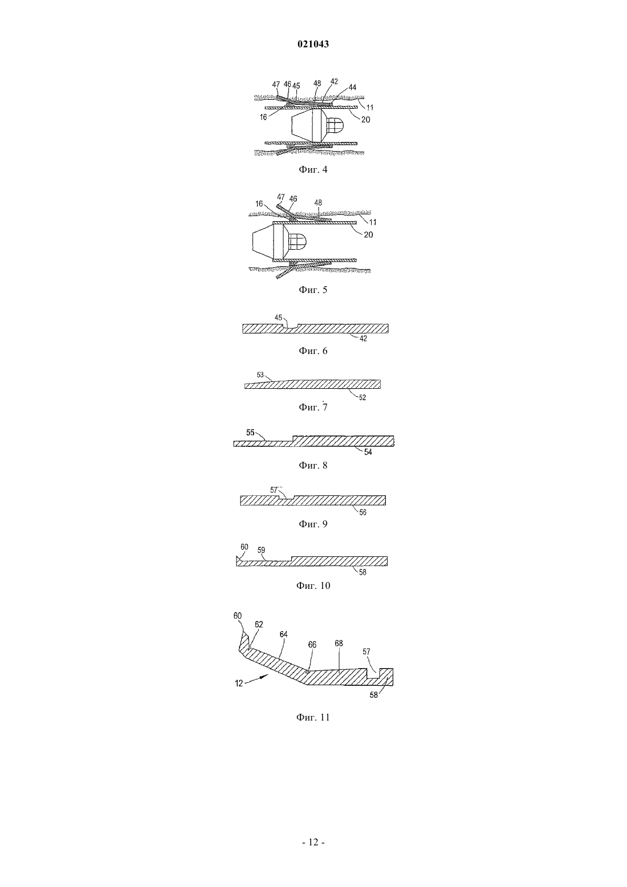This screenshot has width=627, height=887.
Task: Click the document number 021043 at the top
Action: pyautogui.click(x=313, y=44)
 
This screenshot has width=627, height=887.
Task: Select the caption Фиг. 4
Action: pyautogui.click(x=313, y=169)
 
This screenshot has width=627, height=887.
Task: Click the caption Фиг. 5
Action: pyautogui.click(x=313, y=290)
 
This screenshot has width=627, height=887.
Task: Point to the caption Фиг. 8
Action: pyautogui.click(x=313, y=465)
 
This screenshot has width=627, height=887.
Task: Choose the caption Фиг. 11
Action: pyautogui.click(x=313, y=717)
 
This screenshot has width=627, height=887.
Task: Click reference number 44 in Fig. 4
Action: pyautogui.click(x=352, y=87)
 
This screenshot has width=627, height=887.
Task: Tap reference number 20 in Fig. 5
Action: pyautogui.click(x=368, y=235)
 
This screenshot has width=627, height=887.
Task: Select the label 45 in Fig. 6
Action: pyautogui.click(x=279, y=318)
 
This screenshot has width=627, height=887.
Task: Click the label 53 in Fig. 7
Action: pyautogui.click(x=260, y=375)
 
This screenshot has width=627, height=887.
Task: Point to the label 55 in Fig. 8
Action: pyautogui.click(x=250, y=433)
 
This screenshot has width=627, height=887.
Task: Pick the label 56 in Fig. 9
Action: pyautogui.click(x=363, y=512)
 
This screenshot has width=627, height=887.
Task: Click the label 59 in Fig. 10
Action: pyautogui.click(x=261, y=550)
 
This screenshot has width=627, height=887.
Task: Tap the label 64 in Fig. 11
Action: pyautogui.click(x=283, y=634)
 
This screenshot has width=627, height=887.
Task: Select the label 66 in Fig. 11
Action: pyautogui.click(x=312, y=645)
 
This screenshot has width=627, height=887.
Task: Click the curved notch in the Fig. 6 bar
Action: pyautogui.click(x=291, y=326)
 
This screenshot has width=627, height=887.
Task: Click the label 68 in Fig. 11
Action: pyautogui.click(x=339, y=644)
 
